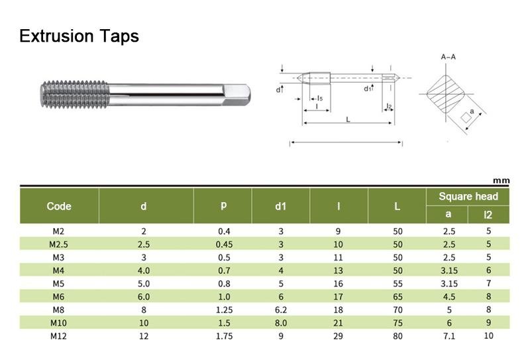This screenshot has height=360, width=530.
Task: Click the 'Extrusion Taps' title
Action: [x=79, y=36]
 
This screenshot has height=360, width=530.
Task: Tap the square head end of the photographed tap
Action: [x=237, y=95]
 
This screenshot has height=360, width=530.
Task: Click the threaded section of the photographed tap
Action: [x=75, y=95]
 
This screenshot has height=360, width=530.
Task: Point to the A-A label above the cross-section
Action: [x=449, y=57]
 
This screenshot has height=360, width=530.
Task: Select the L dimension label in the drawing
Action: [x=348, y=119]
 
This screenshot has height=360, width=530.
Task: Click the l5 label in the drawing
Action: [x=320, y=99]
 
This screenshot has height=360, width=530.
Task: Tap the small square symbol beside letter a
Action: [x=466, y=118]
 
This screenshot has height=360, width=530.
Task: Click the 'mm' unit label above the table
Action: [x=501, y=181]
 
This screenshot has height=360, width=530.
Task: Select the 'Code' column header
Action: [x=59, y=206]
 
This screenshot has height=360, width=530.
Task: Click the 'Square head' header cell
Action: [x=468, y=197]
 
